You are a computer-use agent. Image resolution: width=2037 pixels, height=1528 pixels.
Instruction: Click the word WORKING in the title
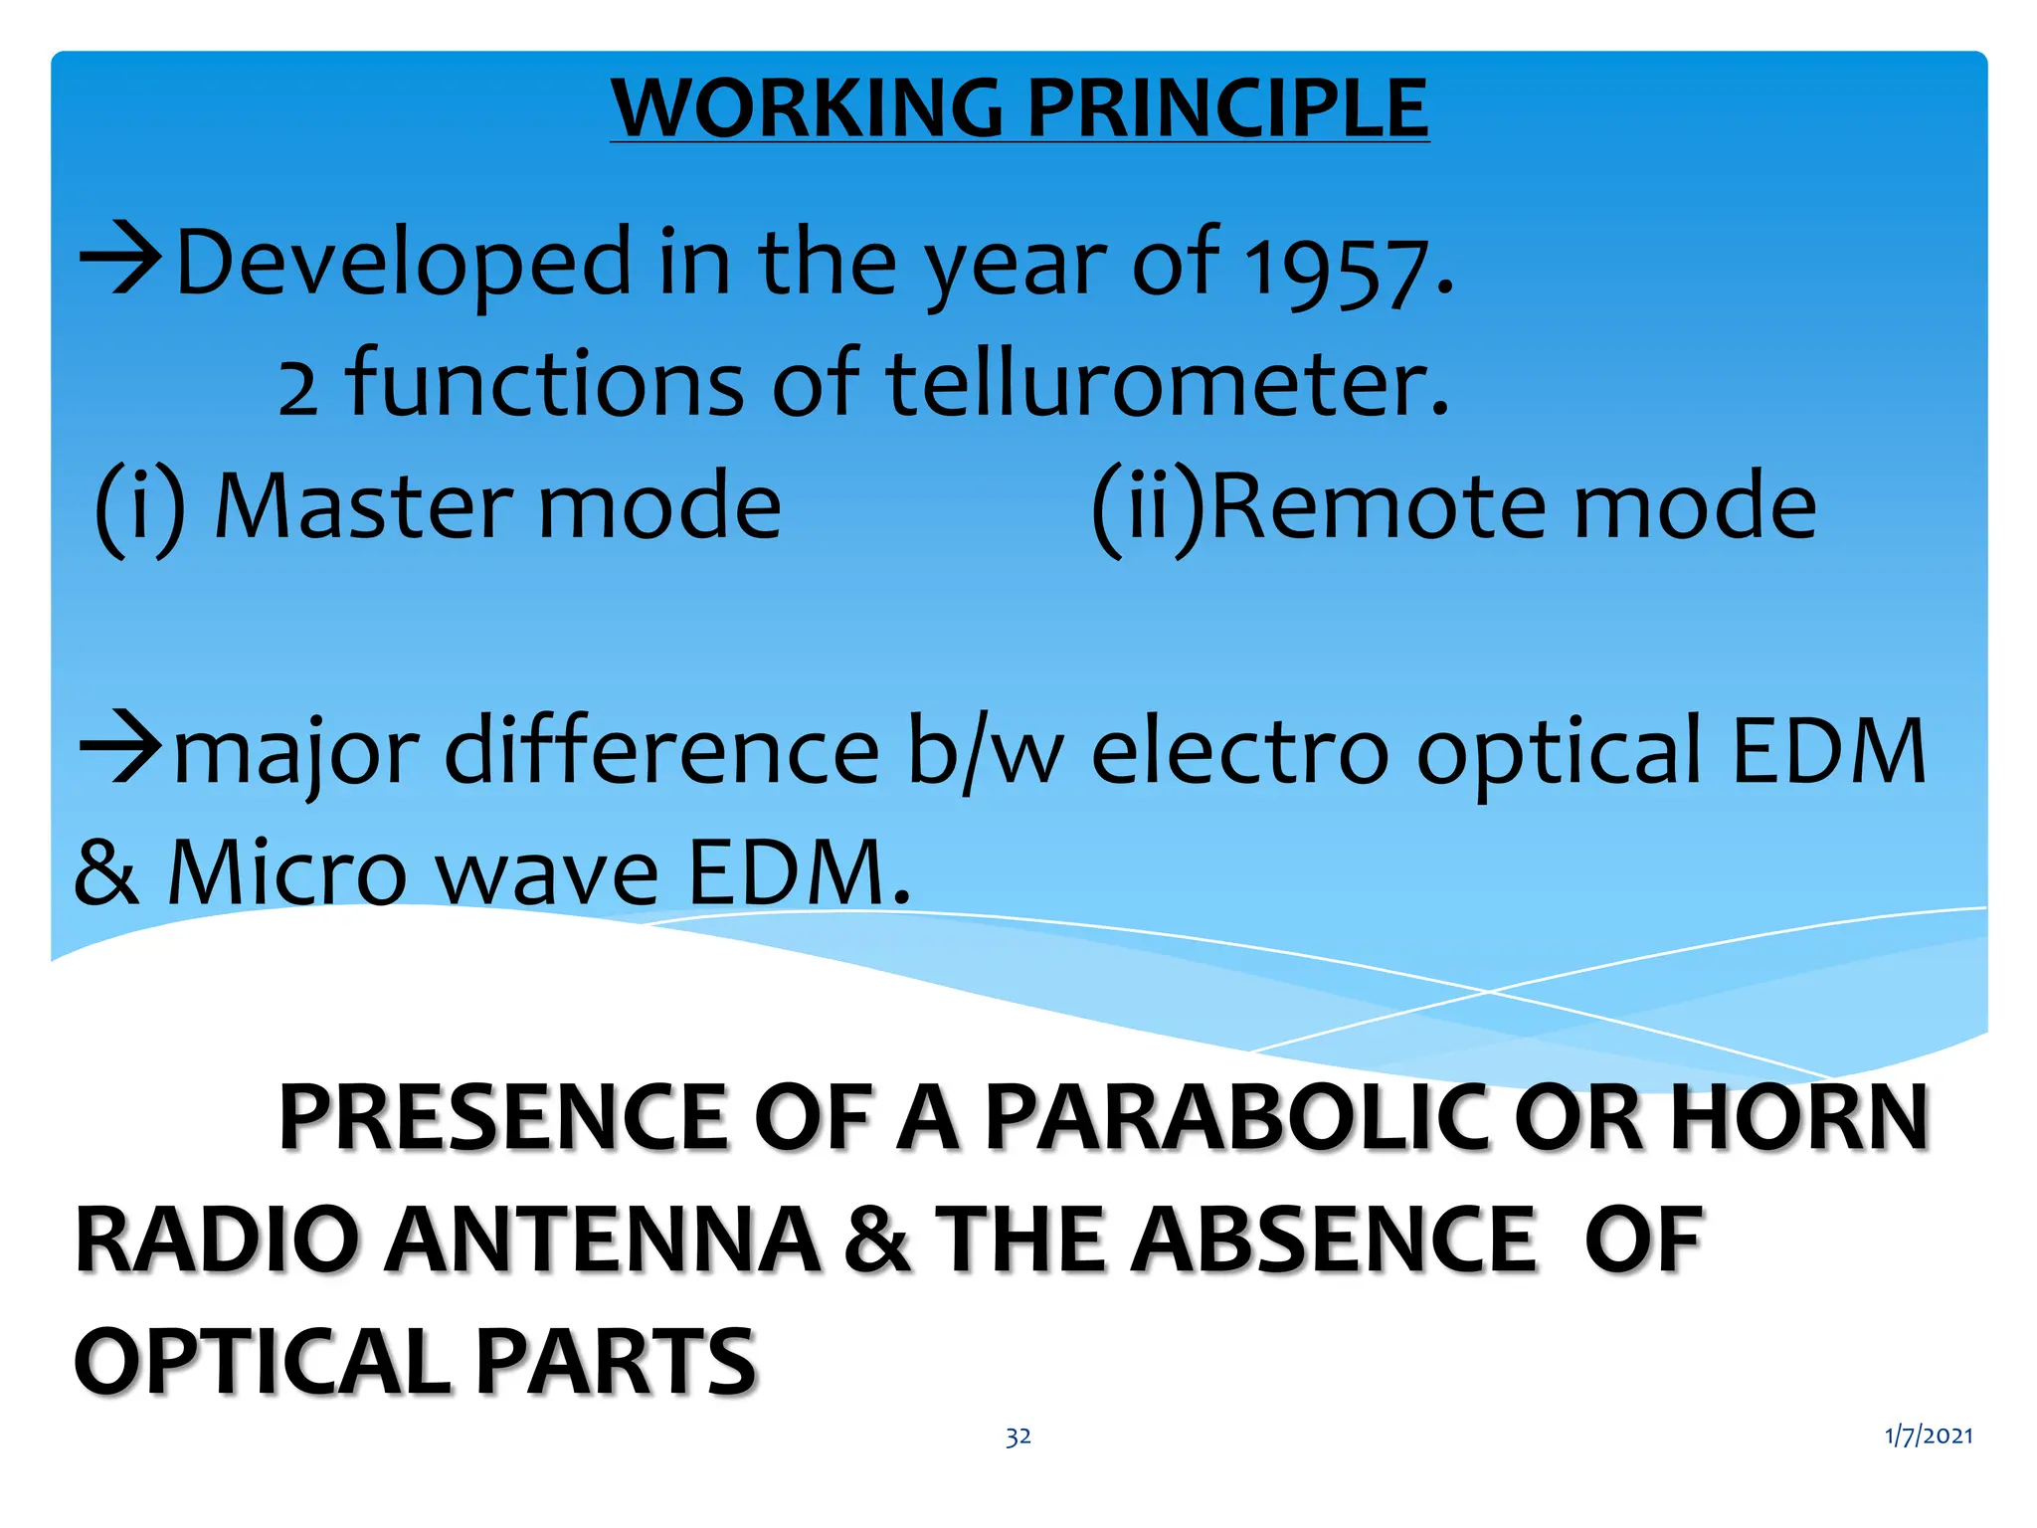tap(807, 108)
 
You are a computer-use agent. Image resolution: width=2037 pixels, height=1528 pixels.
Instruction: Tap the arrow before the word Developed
tap(121, 260)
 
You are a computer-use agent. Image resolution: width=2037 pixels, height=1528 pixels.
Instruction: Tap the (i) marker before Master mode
tap(140, 507)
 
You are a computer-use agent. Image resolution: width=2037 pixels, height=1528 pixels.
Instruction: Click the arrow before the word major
tap(121, 747)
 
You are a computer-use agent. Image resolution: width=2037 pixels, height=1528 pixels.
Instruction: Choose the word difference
tap(662, 750)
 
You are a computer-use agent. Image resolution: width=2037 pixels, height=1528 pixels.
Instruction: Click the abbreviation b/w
tap(984, 752)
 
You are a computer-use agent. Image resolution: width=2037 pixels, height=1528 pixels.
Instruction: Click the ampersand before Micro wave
tap(105, 871)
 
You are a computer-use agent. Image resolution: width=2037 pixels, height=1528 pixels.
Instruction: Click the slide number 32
tap(1018, 1436)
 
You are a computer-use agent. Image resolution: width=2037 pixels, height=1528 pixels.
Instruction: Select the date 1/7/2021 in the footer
tap(1929, 1435)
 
